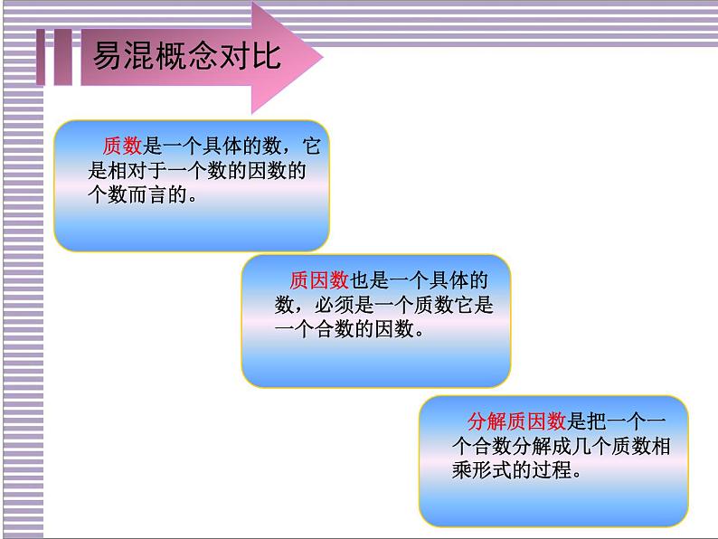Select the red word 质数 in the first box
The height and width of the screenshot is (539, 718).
(x=123, y=147)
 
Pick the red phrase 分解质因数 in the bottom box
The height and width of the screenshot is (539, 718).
(x=517, y=421)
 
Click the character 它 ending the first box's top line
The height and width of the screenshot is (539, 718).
(x=310, y=147)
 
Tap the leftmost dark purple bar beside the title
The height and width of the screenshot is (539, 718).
(x=43, y=60)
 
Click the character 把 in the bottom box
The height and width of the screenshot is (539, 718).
(x=599, y=421)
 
